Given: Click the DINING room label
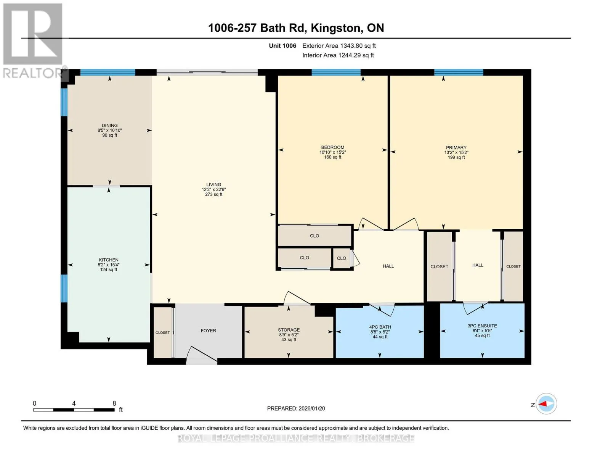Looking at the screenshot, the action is [109, 126].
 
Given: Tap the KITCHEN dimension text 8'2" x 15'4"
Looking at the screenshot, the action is [108, 265].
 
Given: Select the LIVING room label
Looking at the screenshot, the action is [213, 185].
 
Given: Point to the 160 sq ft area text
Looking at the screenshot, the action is [333, 157].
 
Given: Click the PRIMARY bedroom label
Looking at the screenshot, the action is [456, 148].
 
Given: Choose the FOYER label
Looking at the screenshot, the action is [208, 331].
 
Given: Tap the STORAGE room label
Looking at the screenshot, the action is [289, 330].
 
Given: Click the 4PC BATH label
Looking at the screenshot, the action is [380, 327].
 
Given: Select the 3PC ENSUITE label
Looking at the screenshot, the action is [482, 326].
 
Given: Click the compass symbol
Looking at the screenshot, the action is [546, 404].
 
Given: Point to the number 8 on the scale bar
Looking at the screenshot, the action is [114, 403].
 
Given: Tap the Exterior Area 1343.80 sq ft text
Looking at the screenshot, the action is [339, 46].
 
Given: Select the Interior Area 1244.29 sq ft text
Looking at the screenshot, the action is [338, 55].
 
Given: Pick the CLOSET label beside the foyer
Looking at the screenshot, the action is [162, 332].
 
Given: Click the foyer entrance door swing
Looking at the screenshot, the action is [202, 355].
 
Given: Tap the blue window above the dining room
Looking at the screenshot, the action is [108, 72].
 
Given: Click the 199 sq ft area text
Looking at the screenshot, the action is [456, 157].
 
